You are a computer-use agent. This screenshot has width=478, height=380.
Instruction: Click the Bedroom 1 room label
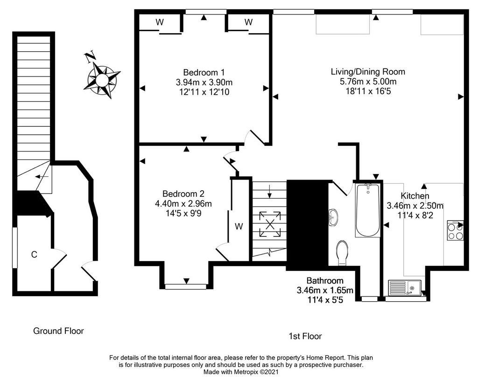coord(204,72)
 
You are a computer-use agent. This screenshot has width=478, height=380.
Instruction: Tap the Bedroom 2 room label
coord(183,193)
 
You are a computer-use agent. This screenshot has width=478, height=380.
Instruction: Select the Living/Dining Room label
coord(368,71)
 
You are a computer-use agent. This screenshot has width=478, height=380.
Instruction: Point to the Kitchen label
coord(415,196)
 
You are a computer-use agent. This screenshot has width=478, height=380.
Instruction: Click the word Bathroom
coord(325,280)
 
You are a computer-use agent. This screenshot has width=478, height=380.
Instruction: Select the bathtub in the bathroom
coord(368,210)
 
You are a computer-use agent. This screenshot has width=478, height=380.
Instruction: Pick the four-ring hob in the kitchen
coord(456,230)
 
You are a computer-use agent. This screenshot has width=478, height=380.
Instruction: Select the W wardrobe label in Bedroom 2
coord(239,226)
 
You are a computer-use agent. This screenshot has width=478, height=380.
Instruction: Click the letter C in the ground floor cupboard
coord(34,254)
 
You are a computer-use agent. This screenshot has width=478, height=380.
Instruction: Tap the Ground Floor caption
coord(58,331)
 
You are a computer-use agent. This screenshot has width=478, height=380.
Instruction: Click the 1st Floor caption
coord(305,336)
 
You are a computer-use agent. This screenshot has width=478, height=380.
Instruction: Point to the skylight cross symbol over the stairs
coord(270,224)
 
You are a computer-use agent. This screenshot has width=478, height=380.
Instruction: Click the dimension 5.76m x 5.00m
coord(368,81)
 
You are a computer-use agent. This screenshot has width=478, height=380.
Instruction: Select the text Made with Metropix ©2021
coord(241,372)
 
